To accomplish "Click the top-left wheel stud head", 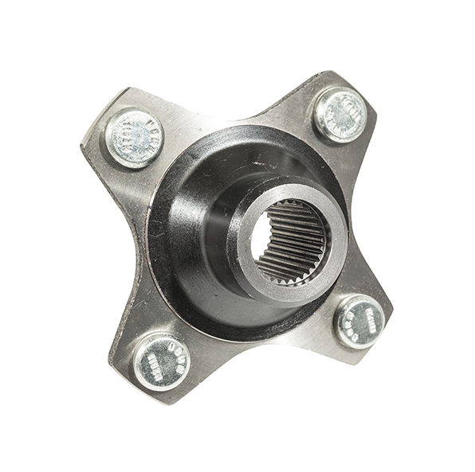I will coord(134,137).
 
